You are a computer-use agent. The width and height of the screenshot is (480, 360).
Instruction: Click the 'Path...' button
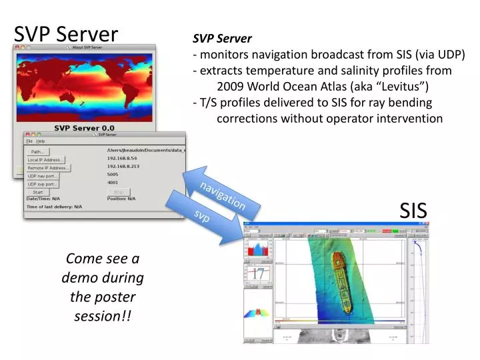pos(37,152)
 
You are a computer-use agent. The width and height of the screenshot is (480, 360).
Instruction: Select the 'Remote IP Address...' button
pos(47,168)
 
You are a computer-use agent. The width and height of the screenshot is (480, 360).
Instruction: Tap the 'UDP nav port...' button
pos(42,176)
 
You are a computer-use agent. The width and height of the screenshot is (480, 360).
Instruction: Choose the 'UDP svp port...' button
pos(42,184)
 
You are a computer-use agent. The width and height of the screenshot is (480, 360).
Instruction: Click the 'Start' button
pos(37,192)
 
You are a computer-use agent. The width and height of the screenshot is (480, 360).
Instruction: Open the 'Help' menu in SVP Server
pos(41,141)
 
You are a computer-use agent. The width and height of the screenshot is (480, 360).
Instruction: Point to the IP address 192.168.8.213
pos(122,167)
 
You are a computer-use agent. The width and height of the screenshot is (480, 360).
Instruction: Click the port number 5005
pos(113,175)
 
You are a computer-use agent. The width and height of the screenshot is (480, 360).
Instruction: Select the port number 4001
pos(113,183)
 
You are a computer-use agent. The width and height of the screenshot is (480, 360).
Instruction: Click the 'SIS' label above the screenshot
pos(413,211)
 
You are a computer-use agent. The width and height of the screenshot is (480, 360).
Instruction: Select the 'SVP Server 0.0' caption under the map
pos(84,127)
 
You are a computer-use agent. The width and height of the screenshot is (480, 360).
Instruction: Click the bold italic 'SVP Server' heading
pos(222,39)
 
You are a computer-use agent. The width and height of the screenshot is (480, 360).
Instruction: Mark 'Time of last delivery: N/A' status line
pos(54,207)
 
